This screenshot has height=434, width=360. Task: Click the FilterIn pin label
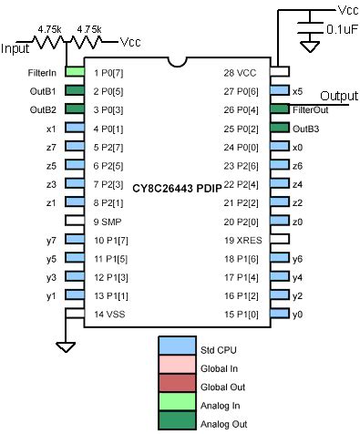[45, 71]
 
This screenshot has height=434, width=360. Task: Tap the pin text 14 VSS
[111, 313]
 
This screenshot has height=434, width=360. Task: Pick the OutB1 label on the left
[45, 90]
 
